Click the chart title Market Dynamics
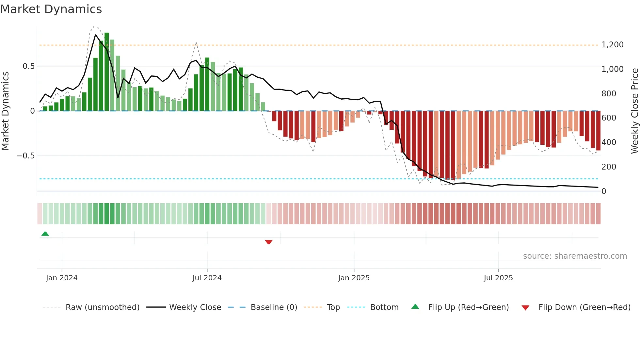click(51, 9)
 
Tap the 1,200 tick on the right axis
click(612, 45)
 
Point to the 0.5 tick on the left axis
click(28, 66)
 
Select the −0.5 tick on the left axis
click(25, 156)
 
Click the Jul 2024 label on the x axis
click(207, 278)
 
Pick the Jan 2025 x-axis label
click(354, 278)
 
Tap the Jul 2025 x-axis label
click(498, 278)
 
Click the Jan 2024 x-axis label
click(62, 278)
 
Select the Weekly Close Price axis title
click(634, 111)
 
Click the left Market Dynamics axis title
click(5, 111)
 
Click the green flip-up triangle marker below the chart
click(45, 234)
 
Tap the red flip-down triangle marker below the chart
click(268, 242)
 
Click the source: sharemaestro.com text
click(575, 256)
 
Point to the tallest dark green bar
click(106, 72)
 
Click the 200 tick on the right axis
click(609, 167)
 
